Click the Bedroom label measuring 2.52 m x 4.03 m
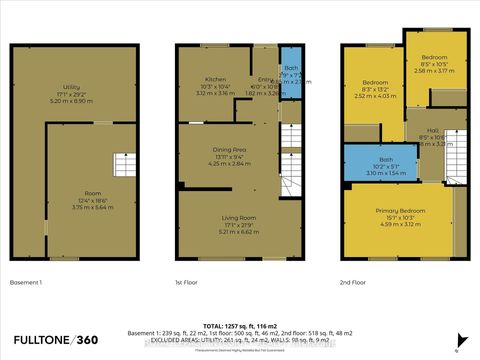tap(374, 81)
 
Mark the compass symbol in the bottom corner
tap(457, 350)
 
